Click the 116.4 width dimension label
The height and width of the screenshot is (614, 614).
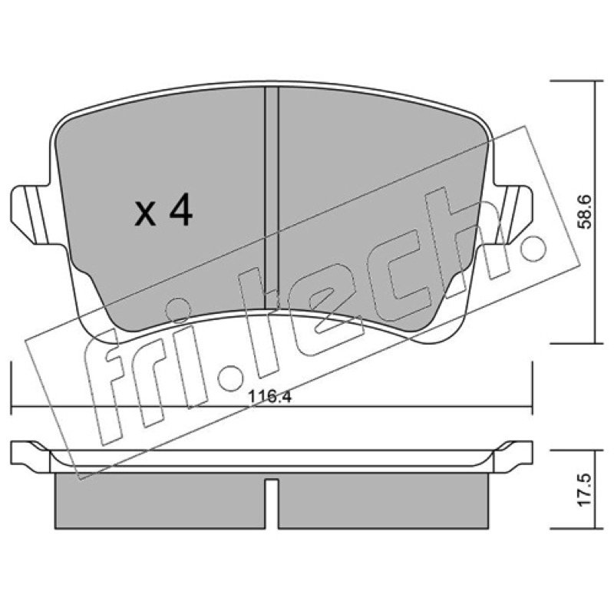270,397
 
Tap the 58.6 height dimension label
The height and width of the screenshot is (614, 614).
586,212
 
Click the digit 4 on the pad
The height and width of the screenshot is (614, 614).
181,210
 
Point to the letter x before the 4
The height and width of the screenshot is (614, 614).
145,215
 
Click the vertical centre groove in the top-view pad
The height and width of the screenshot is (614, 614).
272,198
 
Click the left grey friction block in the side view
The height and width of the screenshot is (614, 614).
160,501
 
